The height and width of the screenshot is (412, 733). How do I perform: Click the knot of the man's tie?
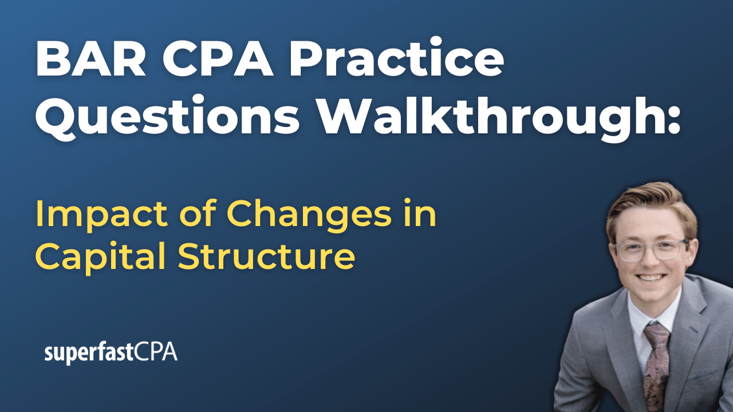[x=655, y=331]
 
